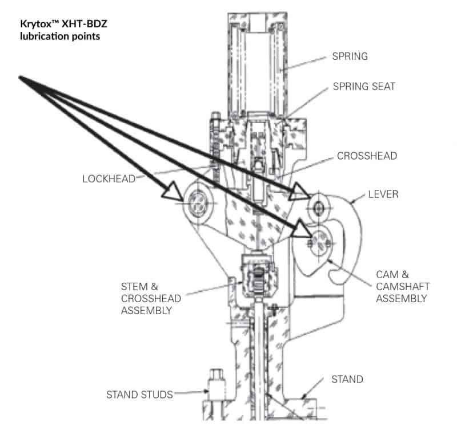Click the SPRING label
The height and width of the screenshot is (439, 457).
(x=350, y=57)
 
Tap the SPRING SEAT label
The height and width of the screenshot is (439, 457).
(x=363, y=87)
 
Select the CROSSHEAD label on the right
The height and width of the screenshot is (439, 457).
(x=366, y=155)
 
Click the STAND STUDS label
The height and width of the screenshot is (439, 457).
(x=139, y=394)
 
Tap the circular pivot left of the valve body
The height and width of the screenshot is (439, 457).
(x=195, y=201)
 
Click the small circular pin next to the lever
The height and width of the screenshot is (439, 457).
(x=318, y=204)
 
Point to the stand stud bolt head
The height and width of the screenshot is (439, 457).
(x=216, y=374)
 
